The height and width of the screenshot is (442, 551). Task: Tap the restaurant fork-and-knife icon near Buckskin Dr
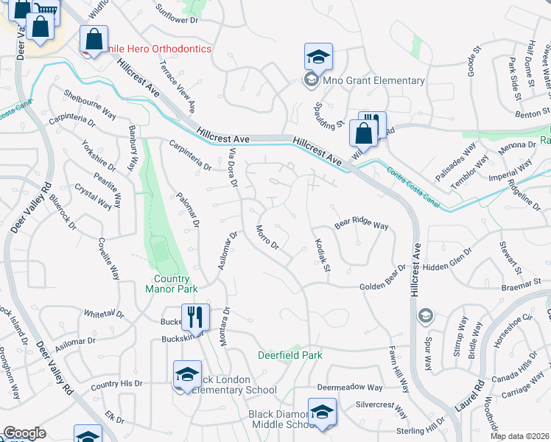[195, 317]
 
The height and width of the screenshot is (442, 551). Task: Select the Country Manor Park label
[172, 284]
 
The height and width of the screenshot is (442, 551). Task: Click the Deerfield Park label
[290, 355]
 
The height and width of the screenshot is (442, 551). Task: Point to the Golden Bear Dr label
[382, 285]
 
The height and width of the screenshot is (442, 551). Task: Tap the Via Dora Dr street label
[234, 168]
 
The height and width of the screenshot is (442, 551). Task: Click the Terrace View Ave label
[178, 86]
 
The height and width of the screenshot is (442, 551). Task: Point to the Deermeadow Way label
[350, 387]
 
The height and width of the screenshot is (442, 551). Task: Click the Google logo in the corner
[24, 433]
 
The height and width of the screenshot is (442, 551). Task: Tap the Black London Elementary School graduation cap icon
[187, 374]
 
